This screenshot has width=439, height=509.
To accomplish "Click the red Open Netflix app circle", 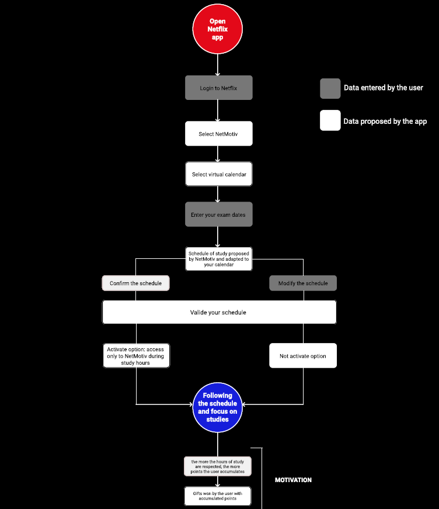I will coord(217,29).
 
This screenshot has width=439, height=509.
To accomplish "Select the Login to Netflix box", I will coord(218,87).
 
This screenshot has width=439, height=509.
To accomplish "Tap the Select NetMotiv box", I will coord(218,134).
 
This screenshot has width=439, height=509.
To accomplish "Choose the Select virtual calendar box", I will coord(218,174).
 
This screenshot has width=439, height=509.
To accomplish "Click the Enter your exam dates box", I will coord(218,214).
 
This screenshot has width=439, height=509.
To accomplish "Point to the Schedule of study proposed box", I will coord(218,259).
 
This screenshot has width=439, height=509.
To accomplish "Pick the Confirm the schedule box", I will coord(136,283).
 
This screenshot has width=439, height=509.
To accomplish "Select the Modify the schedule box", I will coord(303,283).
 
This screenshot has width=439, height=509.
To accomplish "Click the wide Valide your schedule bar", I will coord(219,312).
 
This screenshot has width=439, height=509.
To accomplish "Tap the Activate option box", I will coord(136,355).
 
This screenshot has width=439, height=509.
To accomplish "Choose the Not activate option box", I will coord(303,355).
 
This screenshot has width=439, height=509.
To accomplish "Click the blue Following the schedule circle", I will coord(217,407).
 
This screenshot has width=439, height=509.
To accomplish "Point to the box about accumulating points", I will coord(218,466).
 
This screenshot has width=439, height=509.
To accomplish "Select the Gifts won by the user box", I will coord(218,496).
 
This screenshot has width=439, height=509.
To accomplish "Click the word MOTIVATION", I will coord(293,480).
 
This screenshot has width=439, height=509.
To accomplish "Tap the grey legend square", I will coord(330,88).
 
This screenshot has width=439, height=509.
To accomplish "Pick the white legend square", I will coord(330,121).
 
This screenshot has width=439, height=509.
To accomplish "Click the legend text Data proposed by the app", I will coord(385,122).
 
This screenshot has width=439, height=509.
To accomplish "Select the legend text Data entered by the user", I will coord(383,88).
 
